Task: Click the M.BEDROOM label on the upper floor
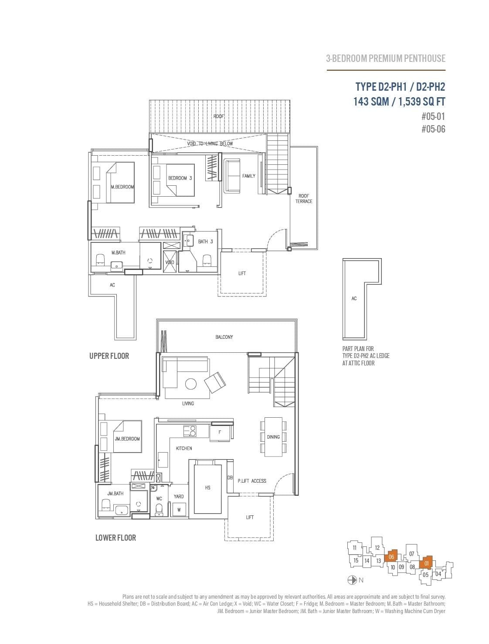click(x=122, y=187)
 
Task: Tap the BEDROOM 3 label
click(x=180, y=178)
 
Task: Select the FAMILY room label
click(x=248, y=176)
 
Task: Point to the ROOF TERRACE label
click(x=304, y=198)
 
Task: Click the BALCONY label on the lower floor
click(x=224, y=337)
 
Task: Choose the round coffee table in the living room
click(x=190, y=384)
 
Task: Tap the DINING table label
click(x=273, y=437)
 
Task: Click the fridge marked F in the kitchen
click(x=220, y=433)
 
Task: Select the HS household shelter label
click(x=207, y=487)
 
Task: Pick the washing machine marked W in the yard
click(x=178, y=509)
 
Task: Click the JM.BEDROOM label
click(x=127, y=439)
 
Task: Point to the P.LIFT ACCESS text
click(x=252, y=481)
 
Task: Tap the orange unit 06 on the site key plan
click(x=391, y=557)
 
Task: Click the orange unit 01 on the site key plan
click(x=426, y=563)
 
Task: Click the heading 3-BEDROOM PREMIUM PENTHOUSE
click(x=386, y=58)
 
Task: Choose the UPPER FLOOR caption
click(x=109, y=356)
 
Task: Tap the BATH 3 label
click(x=205, y=241)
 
